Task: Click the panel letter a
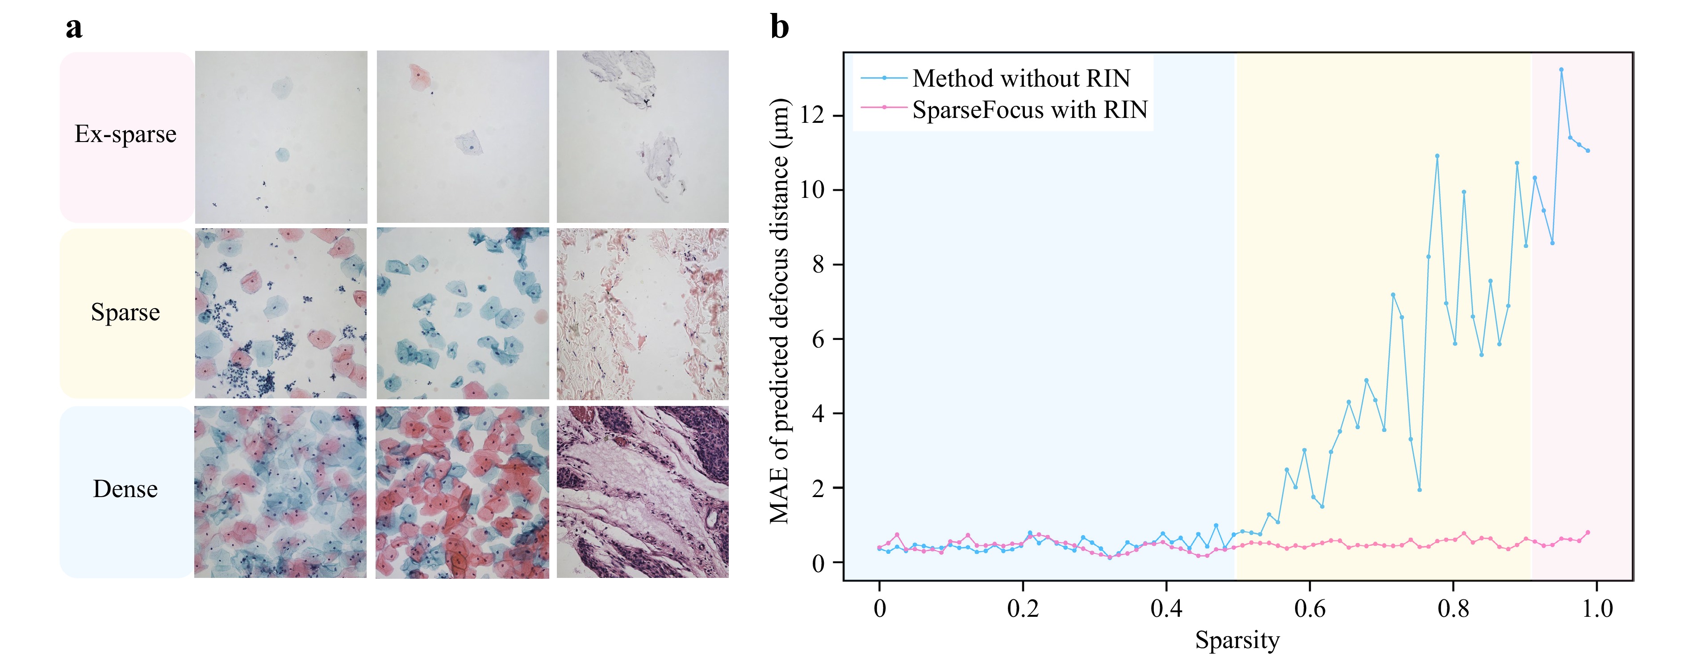pyautogui.click(x=74, y=28)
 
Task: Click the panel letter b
pyautogui.click(x=779, y=28)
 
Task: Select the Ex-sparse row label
pyautogui.click(x=125, y=134)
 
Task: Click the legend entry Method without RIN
pyautogui.click(x=1021, y=79)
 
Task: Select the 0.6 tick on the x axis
pyautogui.click(x=1309, y=609)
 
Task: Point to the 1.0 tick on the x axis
pyautogui.click(x=1597, y=609)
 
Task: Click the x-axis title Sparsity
pyautogui.click(x=1237, y=640)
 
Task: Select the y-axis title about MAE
pyautogui.click(x=779, y=311)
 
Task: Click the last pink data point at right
pyautogui.click(x=1588, y=533)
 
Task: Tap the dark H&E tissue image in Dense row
pyautogui.click(x=642, y=492)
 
